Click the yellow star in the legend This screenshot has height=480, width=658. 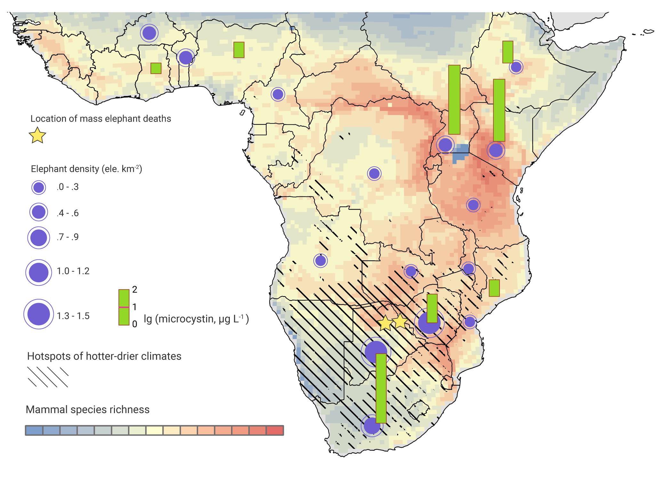pyautogui.click(x=37, y=135)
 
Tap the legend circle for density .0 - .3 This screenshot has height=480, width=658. pyautogui.click(x=39, y=188)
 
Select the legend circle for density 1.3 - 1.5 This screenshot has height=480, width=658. pyautogui.click(x=39, y=314)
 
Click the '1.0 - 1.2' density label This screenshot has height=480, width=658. pyautogui.click(x=73, y=271)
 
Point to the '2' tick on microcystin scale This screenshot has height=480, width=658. pyautogui.click(x=135, y=290)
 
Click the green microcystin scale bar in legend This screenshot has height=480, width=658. pyautogui.click(x=124, y=307)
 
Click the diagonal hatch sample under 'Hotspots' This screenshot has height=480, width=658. pyautogui.click(x=48, y=377)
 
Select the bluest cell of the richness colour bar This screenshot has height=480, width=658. pyautogui.click(x=34, y=430)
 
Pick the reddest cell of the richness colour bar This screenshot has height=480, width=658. pyautogui.click(x=275, y=430)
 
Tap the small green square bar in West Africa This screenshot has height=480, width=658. pyautogui.click(x=156, y=68)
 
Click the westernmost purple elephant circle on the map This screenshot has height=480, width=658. pyautogui.click(x=149, y=33)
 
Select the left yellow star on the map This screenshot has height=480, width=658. pyautogui.click(x=386, y=323)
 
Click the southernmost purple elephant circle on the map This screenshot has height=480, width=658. pyautogui.click(x=372, y=426)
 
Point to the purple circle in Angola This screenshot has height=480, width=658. pyautogui.click(x=320, y=261)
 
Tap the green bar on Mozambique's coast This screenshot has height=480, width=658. pyautogui.click(x=494, y=288)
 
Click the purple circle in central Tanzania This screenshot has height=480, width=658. pyautogui.click(x=473, y=205)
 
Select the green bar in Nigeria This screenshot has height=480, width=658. pyautogui.click(x=239, y=50)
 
